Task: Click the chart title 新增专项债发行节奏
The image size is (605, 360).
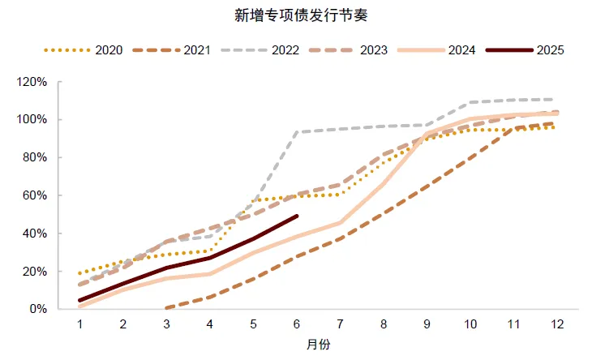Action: (302, 15)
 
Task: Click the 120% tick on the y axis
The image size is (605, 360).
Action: (34, 82)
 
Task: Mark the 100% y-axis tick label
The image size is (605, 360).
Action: (34, 120)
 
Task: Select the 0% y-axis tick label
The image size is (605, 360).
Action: (40, 309)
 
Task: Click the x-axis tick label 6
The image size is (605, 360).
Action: (297, 324)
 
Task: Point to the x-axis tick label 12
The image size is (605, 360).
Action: (556, 324)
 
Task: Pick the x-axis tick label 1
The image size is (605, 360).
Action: (80, 324)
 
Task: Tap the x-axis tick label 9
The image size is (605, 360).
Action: (427, 324)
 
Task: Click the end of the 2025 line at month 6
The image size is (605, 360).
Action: (297, 216)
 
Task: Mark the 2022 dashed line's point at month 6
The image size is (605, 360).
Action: (297, 132)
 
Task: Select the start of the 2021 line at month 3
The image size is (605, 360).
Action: (167, 308)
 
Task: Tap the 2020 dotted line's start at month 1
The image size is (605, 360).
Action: (80, 273)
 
